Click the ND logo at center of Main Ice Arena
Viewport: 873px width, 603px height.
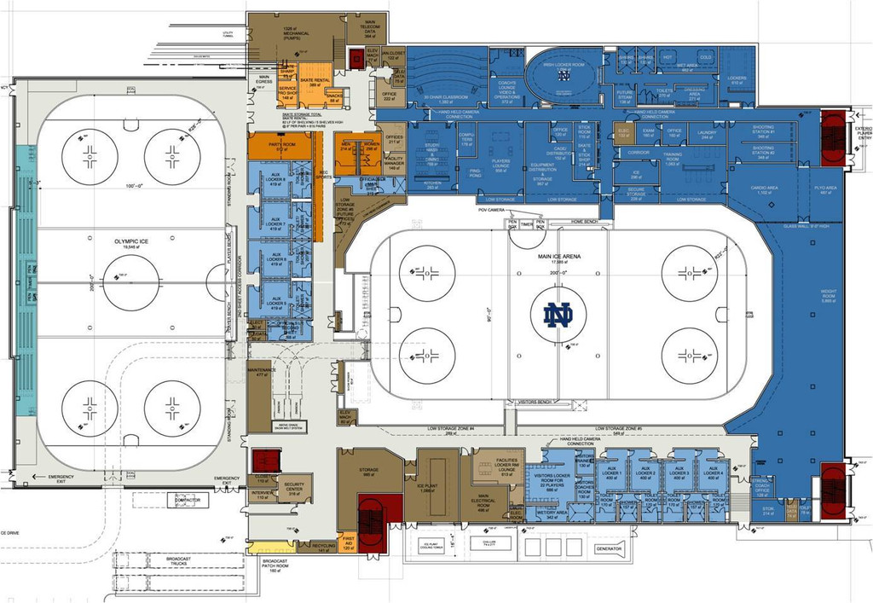[x=558, y=315]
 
